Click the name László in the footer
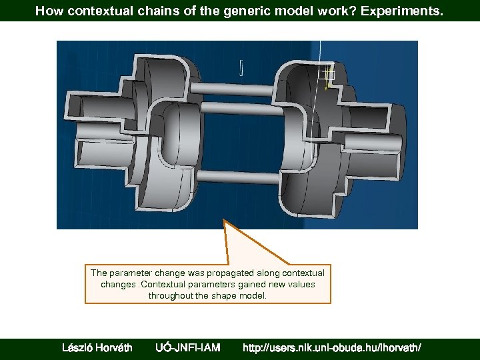[79, 347]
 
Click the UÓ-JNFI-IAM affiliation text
[187, 347]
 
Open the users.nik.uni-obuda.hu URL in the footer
[331, 347]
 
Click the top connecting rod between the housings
[237, 87]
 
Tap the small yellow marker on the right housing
[326, 85]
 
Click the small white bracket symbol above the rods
[240, 67]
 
